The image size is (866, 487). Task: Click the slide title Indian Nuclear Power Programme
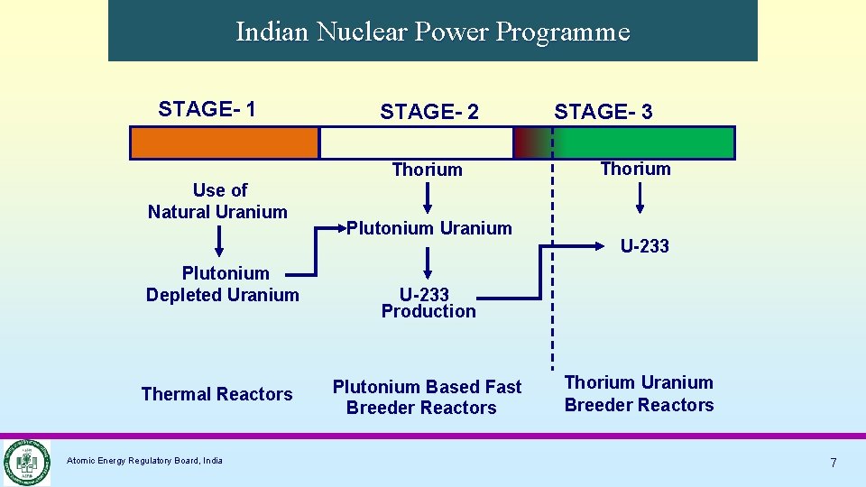tap(432, 32)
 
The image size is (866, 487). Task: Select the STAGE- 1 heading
tap(207, 109)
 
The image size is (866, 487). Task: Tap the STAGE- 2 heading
tap(429, 112)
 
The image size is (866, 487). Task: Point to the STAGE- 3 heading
tap(603, 112)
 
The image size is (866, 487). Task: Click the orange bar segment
tap(225, 142)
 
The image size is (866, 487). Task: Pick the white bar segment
tap(416, 142)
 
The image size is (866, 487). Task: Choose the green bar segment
tap(644, 142)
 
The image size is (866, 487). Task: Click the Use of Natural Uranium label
tap(218, 201)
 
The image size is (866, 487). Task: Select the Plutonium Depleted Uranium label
tap(223, 284)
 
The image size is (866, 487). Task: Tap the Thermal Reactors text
tap(217, 394)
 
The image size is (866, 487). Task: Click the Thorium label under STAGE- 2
tap(427, 170)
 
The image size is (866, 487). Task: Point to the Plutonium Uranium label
tap(429, 228)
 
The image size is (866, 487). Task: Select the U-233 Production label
tap(428, 303)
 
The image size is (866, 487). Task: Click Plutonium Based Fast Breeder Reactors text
tap(426, 397)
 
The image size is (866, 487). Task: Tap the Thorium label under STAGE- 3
tap(635, 169)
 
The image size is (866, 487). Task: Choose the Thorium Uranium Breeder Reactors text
tap(639, 394)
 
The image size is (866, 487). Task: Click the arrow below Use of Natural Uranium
tap(218, 242)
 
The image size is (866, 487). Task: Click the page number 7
tap(834, 463)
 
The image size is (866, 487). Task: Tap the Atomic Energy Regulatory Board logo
tap(25, 462)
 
